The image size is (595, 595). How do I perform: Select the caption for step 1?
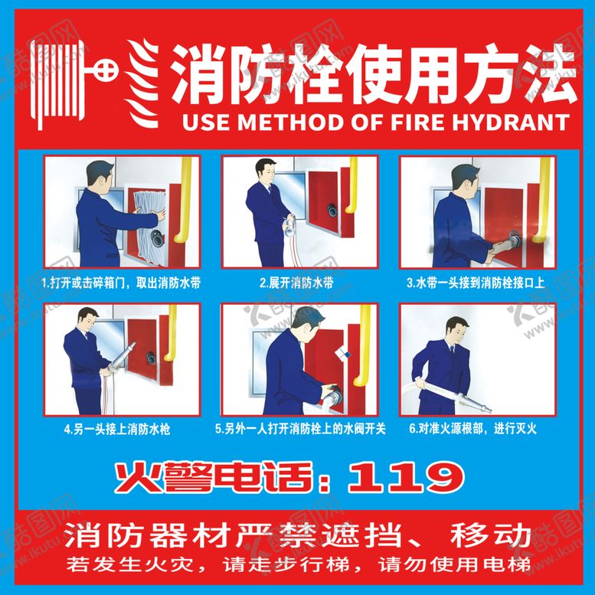(121, 283)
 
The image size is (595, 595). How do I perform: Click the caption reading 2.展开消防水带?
(296, 283)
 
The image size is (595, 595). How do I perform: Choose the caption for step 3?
(476, 283)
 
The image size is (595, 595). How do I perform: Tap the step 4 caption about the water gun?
(117, 429)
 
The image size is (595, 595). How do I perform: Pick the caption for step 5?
(300, 429)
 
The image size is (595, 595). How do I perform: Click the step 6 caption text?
(473, 429)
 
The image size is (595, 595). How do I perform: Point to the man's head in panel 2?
(266, 172)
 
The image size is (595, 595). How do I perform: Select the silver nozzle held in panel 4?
(122, 358)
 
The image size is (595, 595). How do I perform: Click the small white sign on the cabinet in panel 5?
(342, 354)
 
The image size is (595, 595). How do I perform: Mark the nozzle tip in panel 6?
(489, 410)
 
